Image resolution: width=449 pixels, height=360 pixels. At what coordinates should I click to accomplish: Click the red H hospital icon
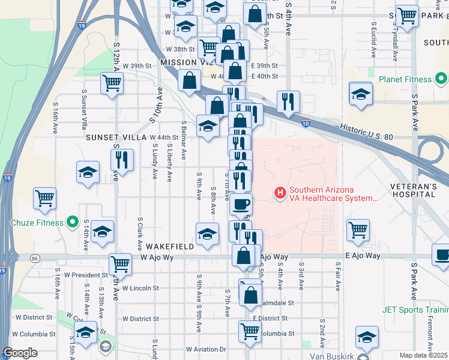279,193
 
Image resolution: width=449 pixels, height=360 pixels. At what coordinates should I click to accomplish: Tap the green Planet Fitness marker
441,79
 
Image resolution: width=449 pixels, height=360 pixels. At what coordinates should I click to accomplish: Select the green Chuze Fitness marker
73,223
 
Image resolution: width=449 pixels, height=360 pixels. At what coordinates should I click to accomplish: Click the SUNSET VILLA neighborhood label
116,137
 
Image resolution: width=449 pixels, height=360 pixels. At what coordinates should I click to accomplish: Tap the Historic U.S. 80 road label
366,133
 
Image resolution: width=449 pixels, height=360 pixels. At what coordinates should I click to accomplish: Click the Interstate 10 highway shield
306,124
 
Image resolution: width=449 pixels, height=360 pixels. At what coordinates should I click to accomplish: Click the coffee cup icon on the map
241,204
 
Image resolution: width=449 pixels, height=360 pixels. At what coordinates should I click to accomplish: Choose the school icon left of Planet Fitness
361,94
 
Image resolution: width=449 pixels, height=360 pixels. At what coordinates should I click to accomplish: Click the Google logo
20,353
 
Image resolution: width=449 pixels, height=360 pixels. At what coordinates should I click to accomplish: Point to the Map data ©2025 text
424,355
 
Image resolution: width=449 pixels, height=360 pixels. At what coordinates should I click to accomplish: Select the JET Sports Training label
415,310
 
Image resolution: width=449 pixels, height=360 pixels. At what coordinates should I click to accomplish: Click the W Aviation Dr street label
205,349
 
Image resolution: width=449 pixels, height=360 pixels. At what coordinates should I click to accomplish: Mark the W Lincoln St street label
140,288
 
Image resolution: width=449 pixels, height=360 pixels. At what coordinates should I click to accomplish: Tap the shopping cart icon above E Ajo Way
358,229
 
